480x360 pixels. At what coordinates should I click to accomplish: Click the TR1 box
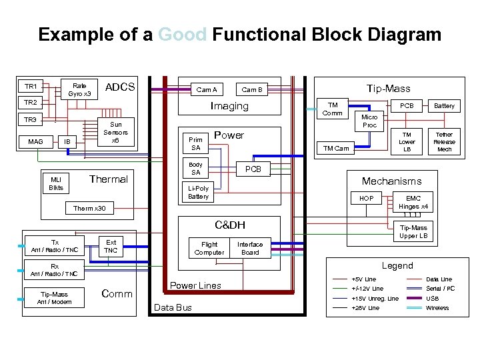click(x=31, y=87)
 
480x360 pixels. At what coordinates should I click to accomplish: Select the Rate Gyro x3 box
click(x=79, y=89)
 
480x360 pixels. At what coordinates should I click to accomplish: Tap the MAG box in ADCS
click(x=35, y=141)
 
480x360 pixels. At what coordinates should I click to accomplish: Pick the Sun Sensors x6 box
click(x=115, y=132)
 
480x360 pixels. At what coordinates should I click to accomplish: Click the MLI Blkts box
click(x=56, y=183)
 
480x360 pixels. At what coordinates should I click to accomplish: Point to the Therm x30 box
click(x=89, y=209)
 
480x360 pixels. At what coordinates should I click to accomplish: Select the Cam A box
click(x=207, y=90)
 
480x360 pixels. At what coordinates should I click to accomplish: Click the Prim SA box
click(x=196, y=143)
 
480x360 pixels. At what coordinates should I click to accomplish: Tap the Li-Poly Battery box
click(x=198, y=192)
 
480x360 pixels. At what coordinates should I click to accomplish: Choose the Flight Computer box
click(x=209, y=248)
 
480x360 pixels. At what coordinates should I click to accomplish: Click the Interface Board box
click(x=250, y=248)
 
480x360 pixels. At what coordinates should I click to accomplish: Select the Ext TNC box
click(x=111, y=246)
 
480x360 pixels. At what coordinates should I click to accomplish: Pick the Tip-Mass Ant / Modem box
click(x=54, y=298)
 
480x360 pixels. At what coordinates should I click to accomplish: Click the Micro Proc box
click(x=369, y=121)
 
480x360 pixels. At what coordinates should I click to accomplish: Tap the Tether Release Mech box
click(x=444, y=142)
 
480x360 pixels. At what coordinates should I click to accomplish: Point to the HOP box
click(x=367, y=199)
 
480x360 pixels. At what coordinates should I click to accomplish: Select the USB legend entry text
click(x=433, y=298)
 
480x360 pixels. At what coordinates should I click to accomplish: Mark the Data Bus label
click(x=173, y=307)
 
